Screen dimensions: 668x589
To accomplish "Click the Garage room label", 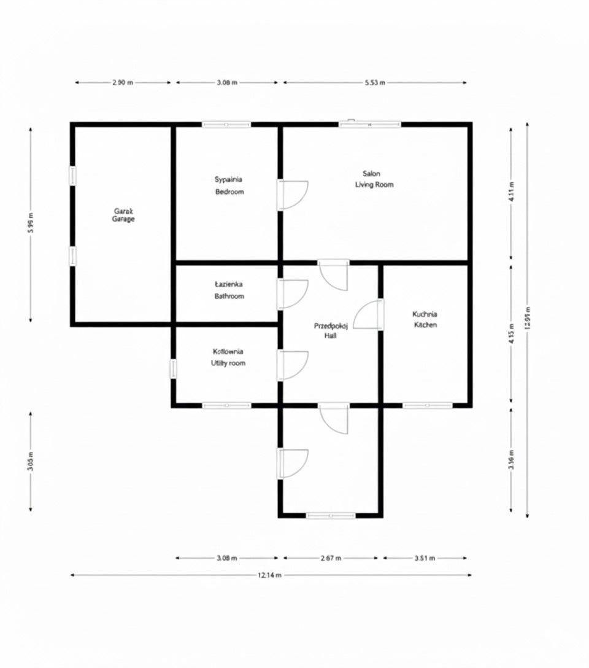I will (x=123, y=215).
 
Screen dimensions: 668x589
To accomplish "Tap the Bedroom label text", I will (x=229, y=185).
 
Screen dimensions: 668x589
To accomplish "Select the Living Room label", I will (x=374, y=179).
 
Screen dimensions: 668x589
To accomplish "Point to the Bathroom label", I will (x=229, y=290).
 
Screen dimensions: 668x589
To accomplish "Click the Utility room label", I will (x=228, y=357).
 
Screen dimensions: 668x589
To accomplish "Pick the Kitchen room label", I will (x=425, y=319).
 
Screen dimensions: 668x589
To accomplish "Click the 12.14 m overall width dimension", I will (x=269, y=575).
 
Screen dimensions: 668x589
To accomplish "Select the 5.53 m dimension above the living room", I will (x=374, y=82).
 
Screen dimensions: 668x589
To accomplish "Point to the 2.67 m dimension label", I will (x=331, y=558).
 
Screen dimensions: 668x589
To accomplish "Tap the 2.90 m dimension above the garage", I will (x=123, y=82).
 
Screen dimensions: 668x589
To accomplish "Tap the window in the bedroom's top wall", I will (x=226, y=125).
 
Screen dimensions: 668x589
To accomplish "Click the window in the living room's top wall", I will (x=370, y=125).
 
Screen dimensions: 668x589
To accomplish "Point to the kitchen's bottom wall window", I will (x=427, y=405).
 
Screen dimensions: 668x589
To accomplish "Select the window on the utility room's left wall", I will (x=174, y=368).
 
